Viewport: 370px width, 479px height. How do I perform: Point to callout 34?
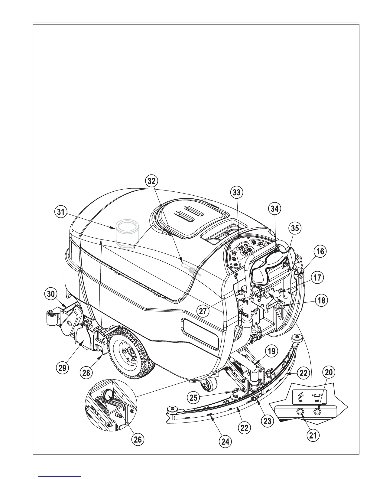coord(275,208)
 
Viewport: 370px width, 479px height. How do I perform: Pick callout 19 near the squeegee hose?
coord(272,351)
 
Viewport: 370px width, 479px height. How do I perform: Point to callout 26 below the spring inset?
coord(138,439)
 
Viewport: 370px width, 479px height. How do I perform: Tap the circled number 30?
coord(51,293)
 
